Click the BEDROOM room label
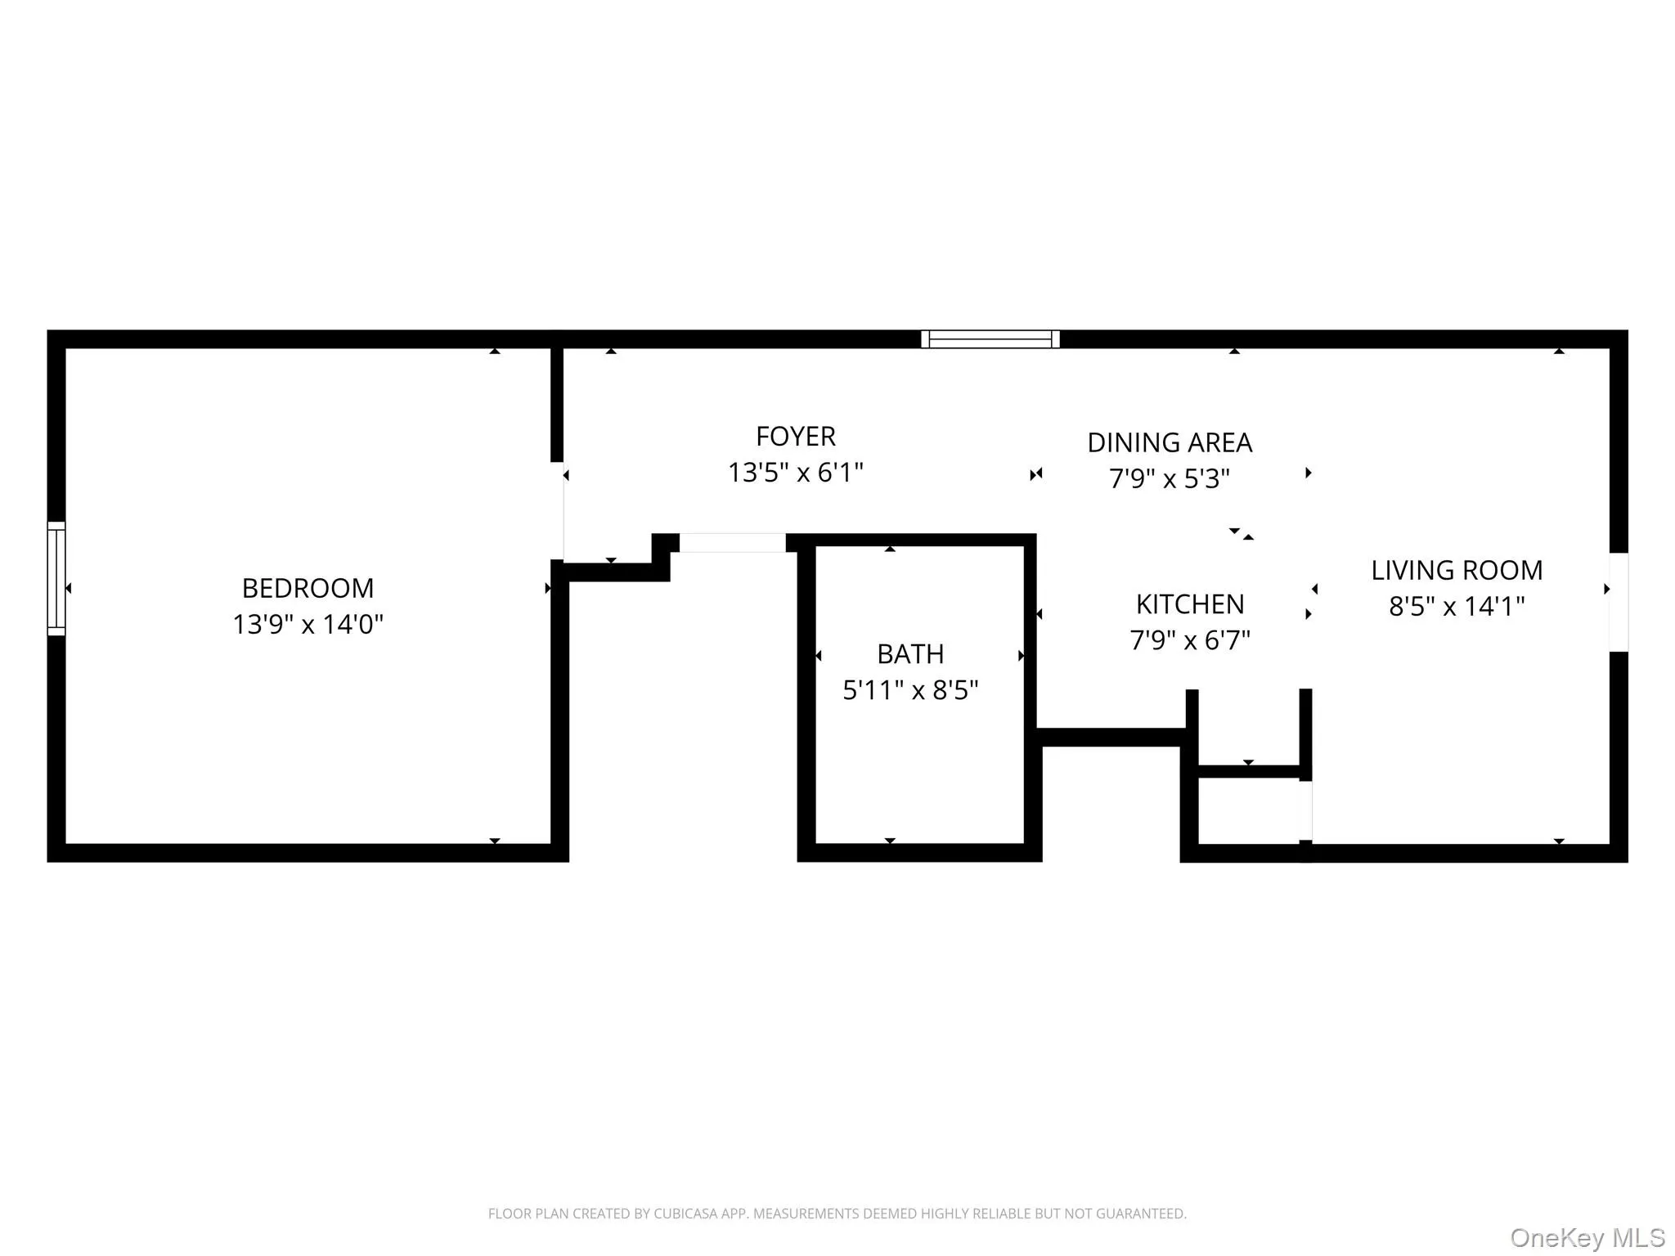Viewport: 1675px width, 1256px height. coord(308,588)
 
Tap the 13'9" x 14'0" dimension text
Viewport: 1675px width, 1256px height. coord(308,625)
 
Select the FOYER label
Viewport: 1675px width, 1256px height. coord(795,437)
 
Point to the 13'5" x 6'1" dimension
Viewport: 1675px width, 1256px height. coord(795,473)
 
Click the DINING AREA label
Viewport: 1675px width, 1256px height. coord(1169,442)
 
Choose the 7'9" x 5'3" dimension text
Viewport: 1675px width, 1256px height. coord(1169,478)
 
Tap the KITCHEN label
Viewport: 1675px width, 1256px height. coord(1189,604)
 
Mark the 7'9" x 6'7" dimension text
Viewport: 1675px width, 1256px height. coord(1189,640)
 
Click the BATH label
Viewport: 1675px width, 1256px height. coord(909,654)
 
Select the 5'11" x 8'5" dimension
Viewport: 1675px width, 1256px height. coord(909,691)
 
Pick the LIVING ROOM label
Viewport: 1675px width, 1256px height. coord(1456,570)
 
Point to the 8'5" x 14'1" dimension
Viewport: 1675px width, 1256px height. coord(1456,607)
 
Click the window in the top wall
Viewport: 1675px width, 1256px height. coord(990,339)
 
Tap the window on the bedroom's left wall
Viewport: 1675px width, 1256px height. coord(56,578)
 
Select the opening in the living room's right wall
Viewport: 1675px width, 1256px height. coord(1618,602)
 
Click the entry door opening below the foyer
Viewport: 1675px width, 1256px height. coord(732,542)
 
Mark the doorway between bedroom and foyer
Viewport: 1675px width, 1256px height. coord(559,511)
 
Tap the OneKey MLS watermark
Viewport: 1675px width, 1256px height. coord(1587,1237)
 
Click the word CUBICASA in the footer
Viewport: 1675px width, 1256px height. coord(686,1213)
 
